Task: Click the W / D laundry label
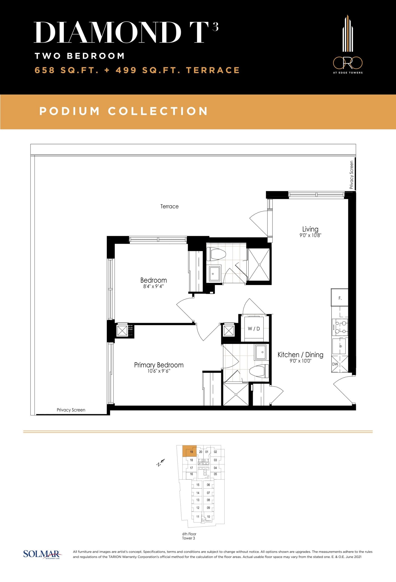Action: click(254, 329)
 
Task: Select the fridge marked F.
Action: click(340, 298)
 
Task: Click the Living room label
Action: click(310, 229)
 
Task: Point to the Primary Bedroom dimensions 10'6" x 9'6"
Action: click(159, 371)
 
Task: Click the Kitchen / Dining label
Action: click(300, 355)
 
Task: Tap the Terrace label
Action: click(169, 207)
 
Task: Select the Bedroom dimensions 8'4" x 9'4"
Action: click(153, 286)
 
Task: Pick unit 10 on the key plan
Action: click(208, 517)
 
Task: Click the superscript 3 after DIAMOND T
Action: click(215, 27)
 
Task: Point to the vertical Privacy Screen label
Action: click(351, 175)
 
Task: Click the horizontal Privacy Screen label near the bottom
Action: click(71, 410)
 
